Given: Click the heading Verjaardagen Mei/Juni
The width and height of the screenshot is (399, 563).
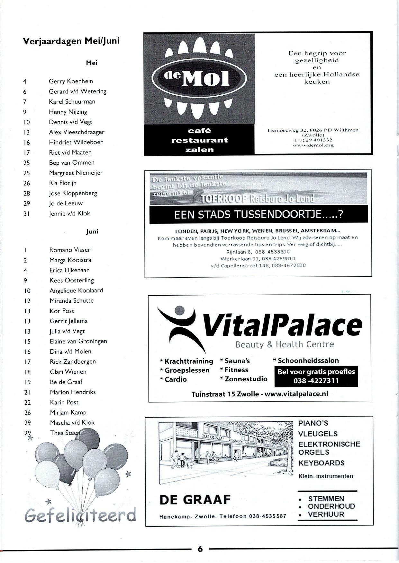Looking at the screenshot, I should [x=71, y=41].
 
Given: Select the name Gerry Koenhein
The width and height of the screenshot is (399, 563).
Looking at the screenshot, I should [x=71, y=81].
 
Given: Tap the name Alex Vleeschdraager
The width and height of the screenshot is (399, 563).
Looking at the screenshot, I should [x=77, y=132].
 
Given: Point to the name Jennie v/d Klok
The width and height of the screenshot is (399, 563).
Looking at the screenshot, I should [x=69, y=213].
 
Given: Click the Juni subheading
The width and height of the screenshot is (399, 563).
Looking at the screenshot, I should [x=92, y=231].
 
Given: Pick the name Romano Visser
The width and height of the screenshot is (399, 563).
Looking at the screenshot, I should [x=70, y=250].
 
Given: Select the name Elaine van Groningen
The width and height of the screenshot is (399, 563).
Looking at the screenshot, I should [x=78, y=341].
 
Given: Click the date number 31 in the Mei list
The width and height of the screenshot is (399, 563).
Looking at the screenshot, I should [x=26, y=214].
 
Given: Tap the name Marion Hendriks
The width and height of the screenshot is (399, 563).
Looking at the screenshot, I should [x=73, y=392].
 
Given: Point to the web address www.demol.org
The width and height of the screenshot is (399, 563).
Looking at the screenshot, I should [x=313, y=145].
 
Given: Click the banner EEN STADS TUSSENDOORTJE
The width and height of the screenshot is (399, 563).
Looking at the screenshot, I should [x=258, y=214].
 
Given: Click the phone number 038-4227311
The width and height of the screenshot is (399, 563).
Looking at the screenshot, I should [x=316, y=381].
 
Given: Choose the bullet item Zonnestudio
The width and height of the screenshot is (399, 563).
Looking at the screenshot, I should [x=246, y=379].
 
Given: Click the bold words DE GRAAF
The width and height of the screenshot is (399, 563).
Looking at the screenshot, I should [x=195, y=499].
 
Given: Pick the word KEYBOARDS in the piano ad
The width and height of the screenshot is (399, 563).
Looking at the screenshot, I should [x=321, y=463].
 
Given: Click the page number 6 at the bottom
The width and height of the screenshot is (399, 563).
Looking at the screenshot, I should [x=200, y=549].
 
